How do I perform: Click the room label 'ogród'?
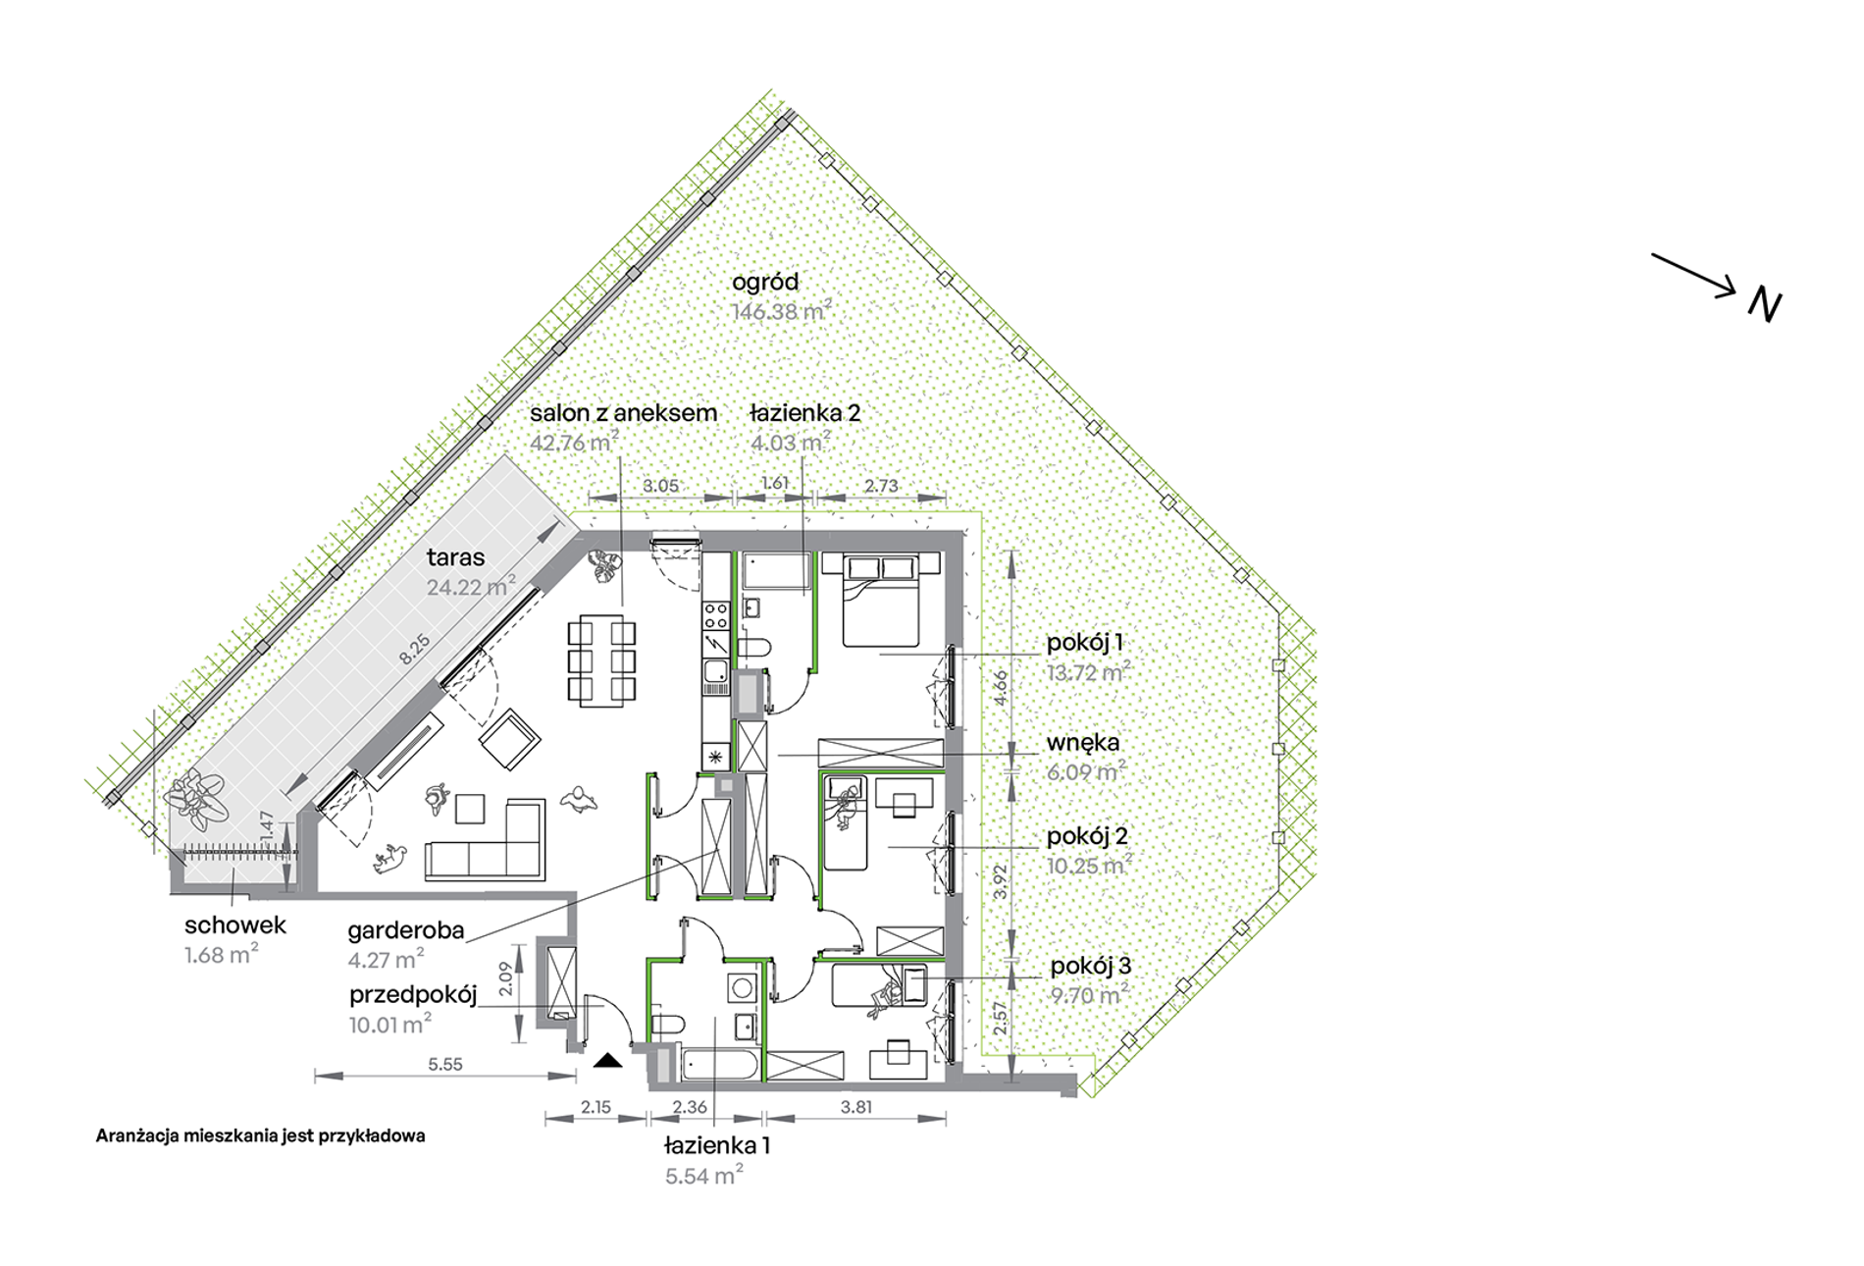[x=765, y=283]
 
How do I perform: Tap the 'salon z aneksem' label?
[x=624, y=413]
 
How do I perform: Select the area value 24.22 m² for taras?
[x=471, y=587]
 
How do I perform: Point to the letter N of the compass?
[x=1765, y=305]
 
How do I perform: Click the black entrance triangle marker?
[x=608, y=1060]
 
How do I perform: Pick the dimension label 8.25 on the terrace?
[x=414, y=650]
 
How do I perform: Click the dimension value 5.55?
[x=445, y=1064]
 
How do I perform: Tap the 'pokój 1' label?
[x=1085, y=643]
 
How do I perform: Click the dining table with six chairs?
[x=601, y=659]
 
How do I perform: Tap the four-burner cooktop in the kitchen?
[x=716, y=616]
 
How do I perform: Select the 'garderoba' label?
[x=406, y=930]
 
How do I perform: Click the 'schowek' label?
[x=235, y=924]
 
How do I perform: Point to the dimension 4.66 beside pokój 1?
[x=1000, y=687]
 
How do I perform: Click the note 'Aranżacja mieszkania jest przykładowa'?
[x=261, y=1136]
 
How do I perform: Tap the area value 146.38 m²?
[x=782, y=312]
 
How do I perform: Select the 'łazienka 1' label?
[x=717, y=1145]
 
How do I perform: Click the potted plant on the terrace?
[x=198, y=797]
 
